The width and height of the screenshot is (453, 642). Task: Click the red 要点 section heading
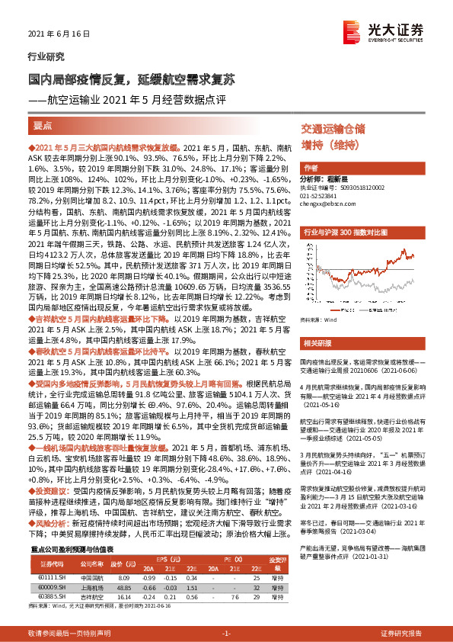coord(43,124)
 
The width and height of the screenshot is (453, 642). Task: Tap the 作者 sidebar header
coord(311,167)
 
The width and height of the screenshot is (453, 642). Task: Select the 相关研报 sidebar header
coord(315,343)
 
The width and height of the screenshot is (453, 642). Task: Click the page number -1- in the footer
coord(226,633)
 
